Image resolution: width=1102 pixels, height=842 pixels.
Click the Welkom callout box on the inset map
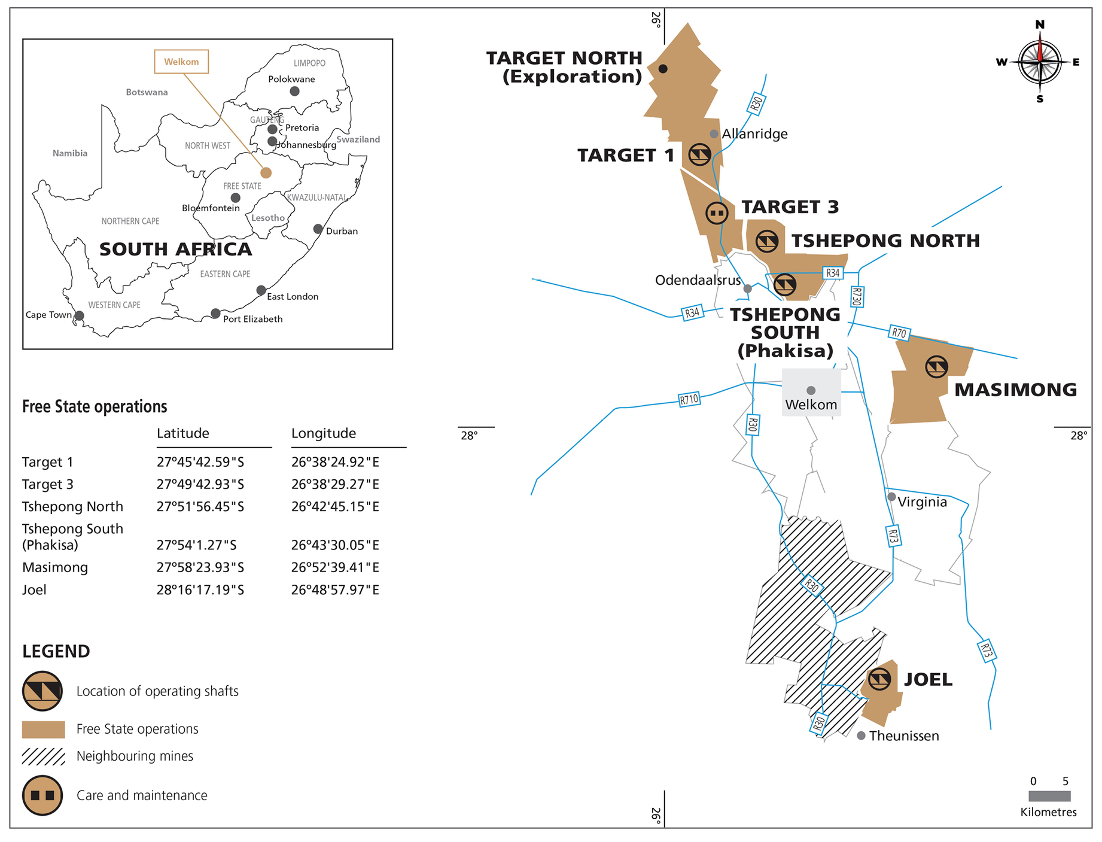point(181,62)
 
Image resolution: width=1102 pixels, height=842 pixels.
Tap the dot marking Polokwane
point(294,92)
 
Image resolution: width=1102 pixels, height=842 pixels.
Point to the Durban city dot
point(318,229)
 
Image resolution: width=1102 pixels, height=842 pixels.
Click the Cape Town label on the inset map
point(48,315)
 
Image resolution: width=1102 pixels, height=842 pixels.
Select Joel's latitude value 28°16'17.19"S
point(200,590)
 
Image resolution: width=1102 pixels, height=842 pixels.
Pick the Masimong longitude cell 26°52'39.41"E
point(335,567)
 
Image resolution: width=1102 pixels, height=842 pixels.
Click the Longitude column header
point(324,433)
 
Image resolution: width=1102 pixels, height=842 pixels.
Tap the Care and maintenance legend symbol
point(42,796)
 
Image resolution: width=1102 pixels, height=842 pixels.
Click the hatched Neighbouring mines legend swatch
point(43,756)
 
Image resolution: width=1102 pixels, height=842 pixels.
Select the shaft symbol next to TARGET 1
point(699,155)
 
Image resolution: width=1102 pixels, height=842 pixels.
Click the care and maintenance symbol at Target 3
point(717,212)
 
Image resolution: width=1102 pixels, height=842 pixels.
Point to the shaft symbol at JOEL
point(879,679)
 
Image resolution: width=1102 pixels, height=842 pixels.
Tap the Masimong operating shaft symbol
point(936,367)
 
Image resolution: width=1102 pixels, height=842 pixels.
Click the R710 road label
point(689,399)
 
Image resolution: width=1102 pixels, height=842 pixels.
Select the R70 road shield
point(899,333)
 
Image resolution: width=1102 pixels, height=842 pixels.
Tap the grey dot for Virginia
point(891,497)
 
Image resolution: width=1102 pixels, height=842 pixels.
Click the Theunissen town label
point(904,736)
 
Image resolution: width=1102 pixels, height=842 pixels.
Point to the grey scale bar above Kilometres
point(1049,796)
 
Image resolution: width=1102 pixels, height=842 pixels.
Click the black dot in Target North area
point(663,69)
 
